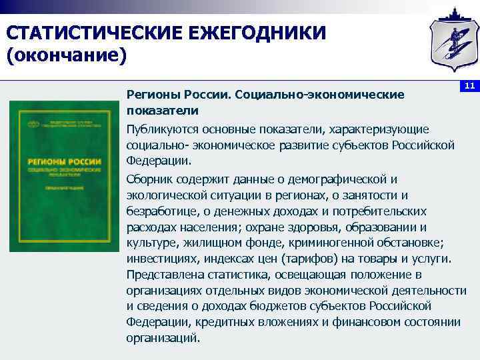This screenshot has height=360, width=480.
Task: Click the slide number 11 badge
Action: point(469,87)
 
